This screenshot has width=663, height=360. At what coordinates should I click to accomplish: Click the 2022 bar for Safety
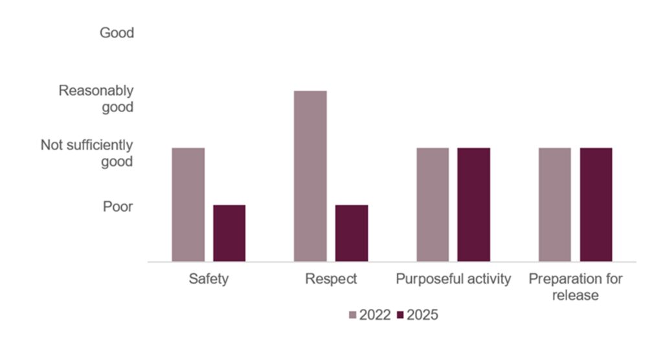pos(188,205)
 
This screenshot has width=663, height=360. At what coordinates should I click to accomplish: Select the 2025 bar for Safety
pos(229,233)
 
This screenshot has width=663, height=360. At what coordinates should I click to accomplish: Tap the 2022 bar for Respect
pos(310,176)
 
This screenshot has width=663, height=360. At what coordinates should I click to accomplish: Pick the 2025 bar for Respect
pos(352,233)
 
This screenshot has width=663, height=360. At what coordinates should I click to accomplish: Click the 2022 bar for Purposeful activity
pos(433,205)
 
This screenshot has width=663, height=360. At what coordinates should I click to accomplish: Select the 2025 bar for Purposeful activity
pos(474,205)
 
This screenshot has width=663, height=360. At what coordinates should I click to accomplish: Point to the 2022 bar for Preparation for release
pos(555,205)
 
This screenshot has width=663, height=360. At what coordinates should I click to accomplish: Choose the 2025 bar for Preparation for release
pos(596,205)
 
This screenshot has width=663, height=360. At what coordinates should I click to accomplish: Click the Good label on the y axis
pos(117,32)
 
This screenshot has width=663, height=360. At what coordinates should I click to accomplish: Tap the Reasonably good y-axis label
pos(96,98)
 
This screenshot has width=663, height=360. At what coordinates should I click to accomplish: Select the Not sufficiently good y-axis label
pos(87,153)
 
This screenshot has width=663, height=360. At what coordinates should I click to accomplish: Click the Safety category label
pos(208,279)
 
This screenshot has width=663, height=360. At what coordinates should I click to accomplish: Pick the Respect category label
pos(331,279)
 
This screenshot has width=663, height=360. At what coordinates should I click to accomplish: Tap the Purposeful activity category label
pos(453,279)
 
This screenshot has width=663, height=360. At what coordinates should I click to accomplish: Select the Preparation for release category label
pos(576,287)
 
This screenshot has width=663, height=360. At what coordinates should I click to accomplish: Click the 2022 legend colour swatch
pos(353,315)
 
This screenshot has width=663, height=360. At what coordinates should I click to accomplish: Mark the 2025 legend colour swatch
pos(400,315)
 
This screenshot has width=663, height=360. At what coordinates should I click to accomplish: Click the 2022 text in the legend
pos(375,315)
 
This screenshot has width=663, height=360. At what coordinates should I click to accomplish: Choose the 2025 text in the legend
pos(422,315)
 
